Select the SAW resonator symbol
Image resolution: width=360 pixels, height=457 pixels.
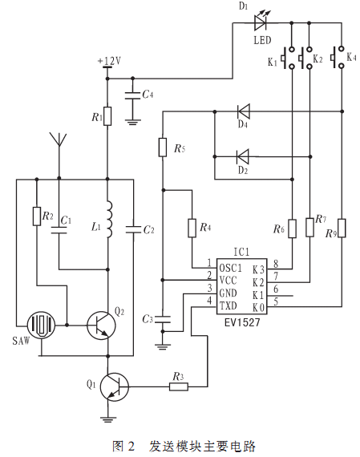41,325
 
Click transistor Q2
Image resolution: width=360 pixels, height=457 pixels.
101,326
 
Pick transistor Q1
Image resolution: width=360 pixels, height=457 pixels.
115,386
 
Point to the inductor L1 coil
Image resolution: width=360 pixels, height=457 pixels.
109,219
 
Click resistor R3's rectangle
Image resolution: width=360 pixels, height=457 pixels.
179,386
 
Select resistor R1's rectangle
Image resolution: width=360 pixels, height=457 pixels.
107,116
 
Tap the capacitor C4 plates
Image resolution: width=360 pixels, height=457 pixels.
132,96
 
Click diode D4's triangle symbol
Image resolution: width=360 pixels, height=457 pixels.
243,111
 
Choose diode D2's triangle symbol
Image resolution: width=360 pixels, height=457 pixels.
243,156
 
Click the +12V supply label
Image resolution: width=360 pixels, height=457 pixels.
109,61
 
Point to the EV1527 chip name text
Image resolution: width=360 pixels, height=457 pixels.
242,322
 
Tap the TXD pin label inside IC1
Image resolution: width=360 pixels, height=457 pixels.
229,305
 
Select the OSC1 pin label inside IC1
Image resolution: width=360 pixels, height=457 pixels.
230,268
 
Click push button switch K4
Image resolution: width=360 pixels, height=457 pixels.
338,58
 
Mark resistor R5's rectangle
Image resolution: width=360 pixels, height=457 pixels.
163,148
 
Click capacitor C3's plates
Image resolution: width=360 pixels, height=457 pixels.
163,319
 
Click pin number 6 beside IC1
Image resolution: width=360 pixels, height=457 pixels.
276,289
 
